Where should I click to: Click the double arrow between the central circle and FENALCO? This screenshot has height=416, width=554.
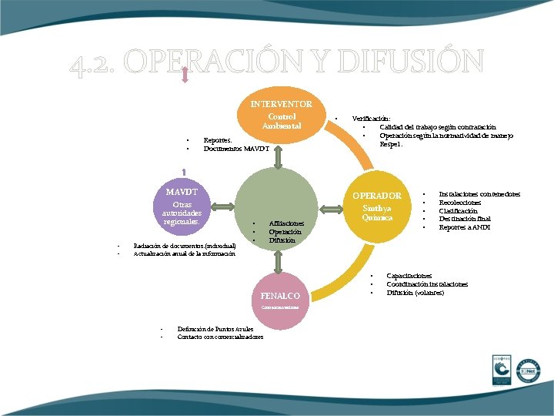coord(280,262)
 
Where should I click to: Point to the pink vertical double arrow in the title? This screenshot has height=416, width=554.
coord(185,73)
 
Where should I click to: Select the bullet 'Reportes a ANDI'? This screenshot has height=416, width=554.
coord(465,227)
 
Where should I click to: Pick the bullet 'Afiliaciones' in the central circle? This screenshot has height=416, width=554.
coord(286,223)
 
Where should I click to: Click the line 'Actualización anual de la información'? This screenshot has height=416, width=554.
coord(185,253)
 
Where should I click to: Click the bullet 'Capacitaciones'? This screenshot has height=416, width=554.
coord(409,276)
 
